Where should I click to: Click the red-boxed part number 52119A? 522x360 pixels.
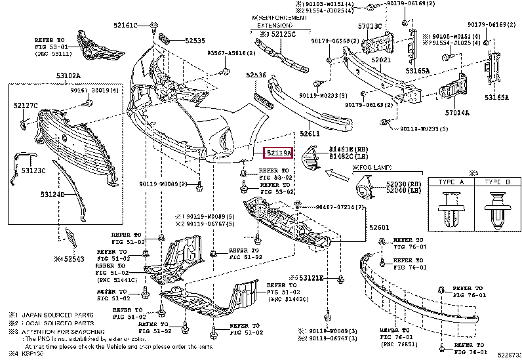279,153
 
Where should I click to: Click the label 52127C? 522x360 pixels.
26,105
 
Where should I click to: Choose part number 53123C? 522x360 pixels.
34,170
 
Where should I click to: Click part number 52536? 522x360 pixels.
256,75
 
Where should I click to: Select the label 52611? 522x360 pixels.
310,132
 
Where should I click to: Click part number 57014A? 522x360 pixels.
457,113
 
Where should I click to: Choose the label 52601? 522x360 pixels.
378,228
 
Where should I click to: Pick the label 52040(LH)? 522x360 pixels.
405,191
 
